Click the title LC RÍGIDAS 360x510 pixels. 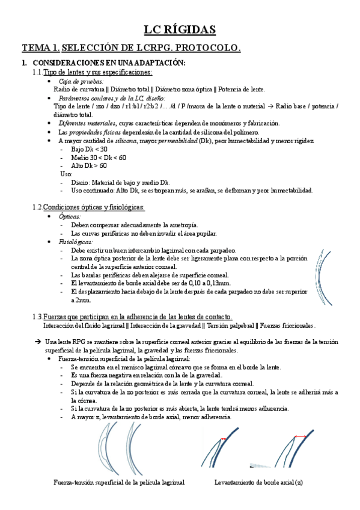tap(180, 29)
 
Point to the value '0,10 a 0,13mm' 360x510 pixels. tap(207, 283)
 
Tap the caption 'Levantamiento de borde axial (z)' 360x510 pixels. tap(258, 483)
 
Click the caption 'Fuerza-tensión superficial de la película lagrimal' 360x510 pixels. tap(118, 483)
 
